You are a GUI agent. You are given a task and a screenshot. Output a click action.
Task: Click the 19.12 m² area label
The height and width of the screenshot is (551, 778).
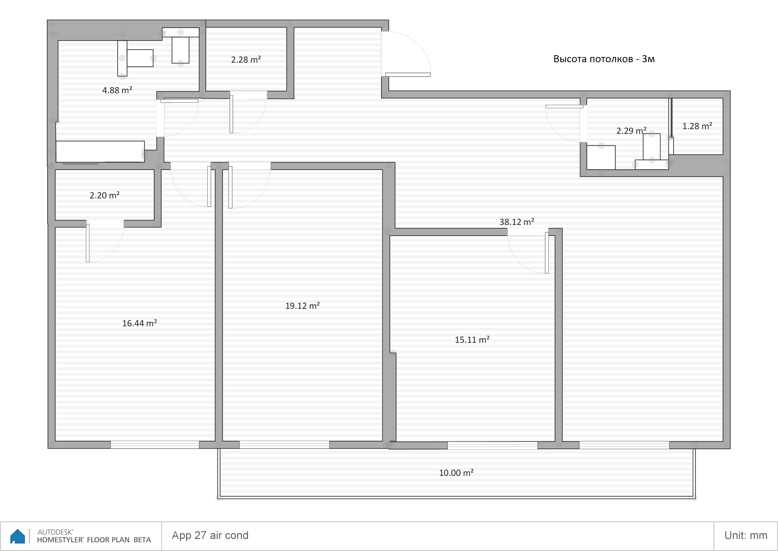tap(302, 306)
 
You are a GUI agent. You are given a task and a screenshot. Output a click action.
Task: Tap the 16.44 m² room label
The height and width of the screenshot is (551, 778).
tap(139, 323)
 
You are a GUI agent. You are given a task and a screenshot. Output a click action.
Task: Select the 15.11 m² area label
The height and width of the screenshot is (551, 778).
tap(472, 340)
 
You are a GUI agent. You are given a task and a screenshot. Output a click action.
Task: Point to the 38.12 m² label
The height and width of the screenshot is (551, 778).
tap(517, 222)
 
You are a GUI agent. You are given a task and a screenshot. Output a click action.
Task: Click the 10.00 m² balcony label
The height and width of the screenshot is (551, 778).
tap(456, 473)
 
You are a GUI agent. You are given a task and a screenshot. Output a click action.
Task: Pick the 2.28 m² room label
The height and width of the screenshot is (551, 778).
tap(246, 60)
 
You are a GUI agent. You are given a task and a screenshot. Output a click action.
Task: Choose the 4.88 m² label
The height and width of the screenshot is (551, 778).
tap(117, 90)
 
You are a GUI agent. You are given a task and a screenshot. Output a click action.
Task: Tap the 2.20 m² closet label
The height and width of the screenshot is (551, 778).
tap(104, 196)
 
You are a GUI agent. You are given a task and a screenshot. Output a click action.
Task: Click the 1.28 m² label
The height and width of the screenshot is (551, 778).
tap(697, 126)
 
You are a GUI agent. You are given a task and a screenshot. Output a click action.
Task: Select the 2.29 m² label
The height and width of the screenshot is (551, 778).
tap(631, 131)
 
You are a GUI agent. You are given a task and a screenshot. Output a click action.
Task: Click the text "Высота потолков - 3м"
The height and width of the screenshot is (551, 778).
tap(604, 59)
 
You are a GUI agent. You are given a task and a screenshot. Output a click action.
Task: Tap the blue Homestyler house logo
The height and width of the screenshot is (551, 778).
tap(18, 536)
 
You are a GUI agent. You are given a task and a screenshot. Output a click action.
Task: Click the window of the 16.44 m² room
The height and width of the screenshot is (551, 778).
tap(155, 445)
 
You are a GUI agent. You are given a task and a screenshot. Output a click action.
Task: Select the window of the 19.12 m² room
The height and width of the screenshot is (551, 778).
tap(284, 445)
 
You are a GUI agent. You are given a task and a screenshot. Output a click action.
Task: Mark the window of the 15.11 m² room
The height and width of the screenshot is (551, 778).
tap(492, 445)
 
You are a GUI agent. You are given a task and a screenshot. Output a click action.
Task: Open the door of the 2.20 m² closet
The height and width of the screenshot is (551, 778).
tap(88, 243)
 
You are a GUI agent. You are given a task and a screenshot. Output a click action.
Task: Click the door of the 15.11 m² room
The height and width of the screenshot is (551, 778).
tap(547, 253)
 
